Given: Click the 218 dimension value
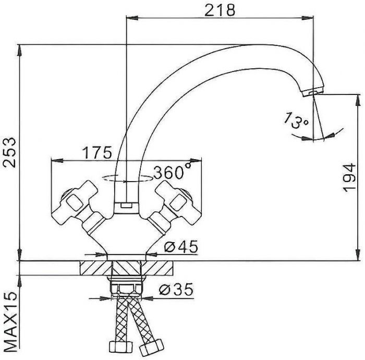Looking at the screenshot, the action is pos(220,10).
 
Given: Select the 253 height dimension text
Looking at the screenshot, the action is pos(9,152).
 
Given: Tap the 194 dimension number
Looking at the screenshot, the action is pos(350,178).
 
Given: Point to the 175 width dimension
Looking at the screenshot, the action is pos(98,152).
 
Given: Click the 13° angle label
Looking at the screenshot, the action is pos(296,120).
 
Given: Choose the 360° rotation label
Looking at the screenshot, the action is pos(172,171).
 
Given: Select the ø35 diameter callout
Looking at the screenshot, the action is pos(176,289).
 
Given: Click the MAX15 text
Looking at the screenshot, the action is pos(10,322).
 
